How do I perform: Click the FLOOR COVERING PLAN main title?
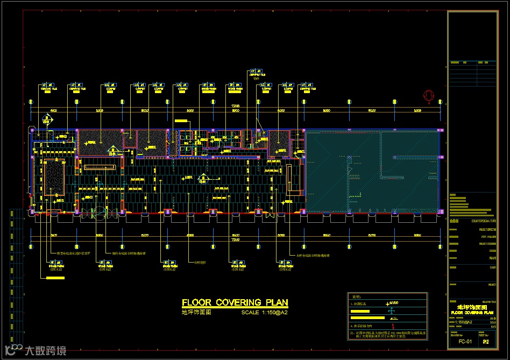point(235,302)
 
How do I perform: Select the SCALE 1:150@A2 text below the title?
point(265,313)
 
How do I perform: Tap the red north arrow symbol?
point(428,96)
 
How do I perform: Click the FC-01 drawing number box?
point(465,342)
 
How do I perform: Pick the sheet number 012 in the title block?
point(486,342)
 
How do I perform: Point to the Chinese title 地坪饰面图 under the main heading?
point(196,312)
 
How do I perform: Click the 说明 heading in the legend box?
point(356,297)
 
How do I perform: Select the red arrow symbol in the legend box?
point(393,326)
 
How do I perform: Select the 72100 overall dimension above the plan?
point(235,106)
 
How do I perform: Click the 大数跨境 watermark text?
point(46,351)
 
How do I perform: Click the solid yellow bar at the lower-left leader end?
point(55,278)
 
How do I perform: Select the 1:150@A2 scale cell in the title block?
point(464,322)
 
